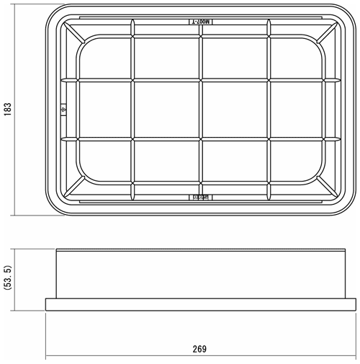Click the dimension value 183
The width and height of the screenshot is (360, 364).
(7, 109)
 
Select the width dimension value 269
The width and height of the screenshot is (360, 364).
(200, 349)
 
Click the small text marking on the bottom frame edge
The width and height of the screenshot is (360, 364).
(201, 196)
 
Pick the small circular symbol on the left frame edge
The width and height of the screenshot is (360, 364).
(63, 110)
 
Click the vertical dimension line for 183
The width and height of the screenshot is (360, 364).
(17, 109)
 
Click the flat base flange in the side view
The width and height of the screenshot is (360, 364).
(202, 305)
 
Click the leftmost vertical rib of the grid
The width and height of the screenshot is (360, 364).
(133, 109)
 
